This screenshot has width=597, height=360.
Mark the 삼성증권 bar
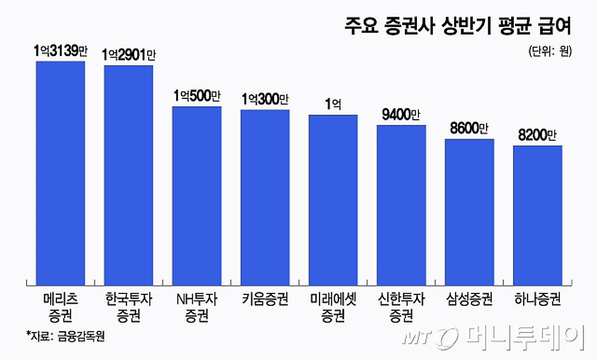click(469, 212)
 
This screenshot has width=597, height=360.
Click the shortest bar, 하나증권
click(537, 215)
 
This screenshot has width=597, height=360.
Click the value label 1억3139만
click(60, 52)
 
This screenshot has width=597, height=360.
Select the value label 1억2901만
click(128, 55)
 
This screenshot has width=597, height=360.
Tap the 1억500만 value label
click(197, 96)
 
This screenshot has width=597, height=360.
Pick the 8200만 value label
click(537, 135)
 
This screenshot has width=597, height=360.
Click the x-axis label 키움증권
click(265, 300)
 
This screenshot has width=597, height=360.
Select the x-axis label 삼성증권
click(469, 300)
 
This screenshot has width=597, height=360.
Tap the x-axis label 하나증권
click(537, 300)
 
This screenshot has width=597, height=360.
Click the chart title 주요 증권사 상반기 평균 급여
click(457, 26)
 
